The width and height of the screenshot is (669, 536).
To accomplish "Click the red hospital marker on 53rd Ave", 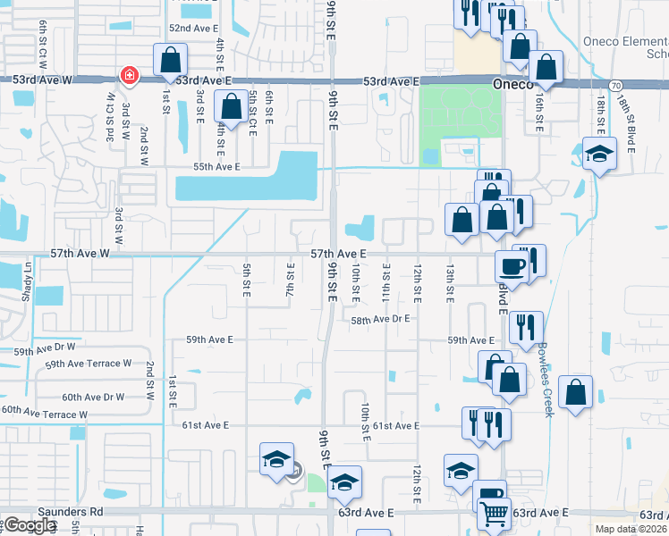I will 130,75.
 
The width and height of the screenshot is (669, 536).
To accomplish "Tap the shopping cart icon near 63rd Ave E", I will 494,514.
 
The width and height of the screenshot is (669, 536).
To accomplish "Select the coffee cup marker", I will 512,266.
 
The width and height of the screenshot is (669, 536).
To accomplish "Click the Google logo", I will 30,525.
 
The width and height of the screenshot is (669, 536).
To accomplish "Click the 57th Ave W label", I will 80,254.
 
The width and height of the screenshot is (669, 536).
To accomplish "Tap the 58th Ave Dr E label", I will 379,319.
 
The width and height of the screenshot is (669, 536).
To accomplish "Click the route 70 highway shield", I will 615,85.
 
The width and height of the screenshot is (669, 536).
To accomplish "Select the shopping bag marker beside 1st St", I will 170,60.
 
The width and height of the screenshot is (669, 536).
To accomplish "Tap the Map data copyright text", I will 631,529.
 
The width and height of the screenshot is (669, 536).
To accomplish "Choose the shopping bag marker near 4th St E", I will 231,106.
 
